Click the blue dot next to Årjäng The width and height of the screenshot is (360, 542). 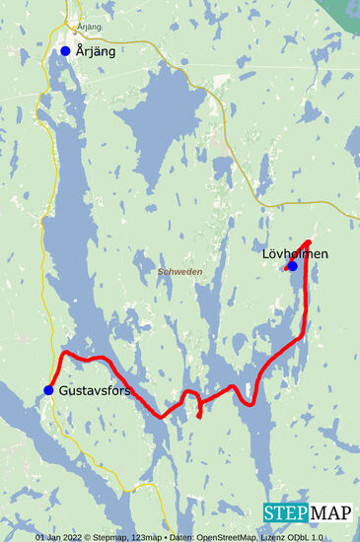point(65,50)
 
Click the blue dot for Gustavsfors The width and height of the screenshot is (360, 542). point(47,390)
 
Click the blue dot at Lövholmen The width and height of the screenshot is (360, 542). point(291,265)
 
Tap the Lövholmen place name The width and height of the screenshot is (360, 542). point(296,253)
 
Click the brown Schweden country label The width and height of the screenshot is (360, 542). point(180,271)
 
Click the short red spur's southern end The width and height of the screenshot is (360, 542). point(199,417)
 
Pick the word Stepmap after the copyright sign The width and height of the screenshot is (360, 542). point(124,537)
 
